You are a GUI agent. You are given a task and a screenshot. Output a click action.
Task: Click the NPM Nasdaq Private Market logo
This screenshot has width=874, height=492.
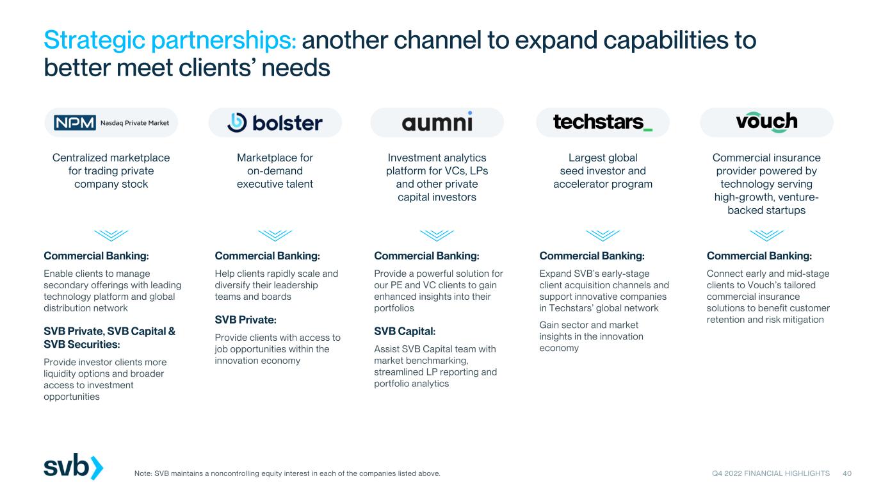click(111, 122)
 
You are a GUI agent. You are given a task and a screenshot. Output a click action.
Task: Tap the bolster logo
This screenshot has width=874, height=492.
click(275, 122)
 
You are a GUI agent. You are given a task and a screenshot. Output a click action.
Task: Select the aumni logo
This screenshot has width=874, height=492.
click(437, 122)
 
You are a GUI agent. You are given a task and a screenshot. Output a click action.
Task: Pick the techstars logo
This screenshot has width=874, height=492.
click(603, 122)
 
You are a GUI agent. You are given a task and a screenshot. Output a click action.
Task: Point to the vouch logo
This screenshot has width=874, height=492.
click(766, 122)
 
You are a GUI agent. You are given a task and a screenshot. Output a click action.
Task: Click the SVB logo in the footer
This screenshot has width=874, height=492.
click(74, 466)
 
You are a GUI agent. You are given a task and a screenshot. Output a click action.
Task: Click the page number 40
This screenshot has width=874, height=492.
click(847, 473)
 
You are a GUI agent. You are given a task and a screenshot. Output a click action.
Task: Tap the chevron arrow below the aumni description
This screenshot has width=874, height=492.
click(437, 235)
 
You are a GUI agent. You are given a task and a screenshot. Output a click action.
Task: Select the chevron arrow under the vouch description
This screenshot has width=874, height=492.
click(766, 235)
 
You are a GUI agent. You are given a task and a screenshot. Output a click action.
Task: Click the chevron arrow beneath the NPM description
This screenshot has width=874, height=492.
click(111, 235)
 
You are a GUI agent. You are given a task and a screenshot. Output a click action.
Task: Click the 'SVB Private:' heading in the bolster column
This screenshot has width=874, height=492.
click(245, 320)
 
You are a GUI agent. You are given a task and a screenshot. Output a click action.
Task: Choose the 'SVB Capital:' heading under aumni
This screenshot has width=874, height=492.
click(405, 331)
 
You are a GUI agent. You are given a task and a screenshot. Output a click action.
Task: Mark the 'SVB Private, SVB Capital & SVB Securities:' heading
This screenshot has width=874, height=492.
click(109, 338)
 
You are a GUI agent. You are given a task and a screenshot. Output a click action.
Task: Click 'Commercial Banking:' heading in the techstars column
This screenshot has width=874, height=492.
click(592, 256)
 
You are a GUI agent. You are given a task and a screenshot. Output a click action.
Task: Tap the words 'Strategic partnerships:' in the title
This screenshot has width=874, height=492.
click(170, 40)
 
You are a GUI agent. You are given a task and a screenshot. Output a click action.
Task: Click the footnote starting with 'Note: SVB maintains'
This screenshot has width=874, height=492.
click(287, 473)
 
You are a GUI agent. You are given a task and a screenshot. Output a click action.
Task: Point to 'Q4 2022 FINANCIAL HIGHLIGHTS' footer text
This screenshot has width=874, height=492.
click(771, 473)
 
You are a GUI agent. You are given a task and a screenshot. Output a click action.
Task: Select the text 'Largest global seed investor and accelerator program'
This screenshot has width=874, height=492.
click(603, 170)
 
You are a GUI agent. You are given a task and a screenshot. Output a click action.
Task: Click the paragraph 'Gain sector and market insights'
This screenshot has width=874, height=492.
click(591, 336)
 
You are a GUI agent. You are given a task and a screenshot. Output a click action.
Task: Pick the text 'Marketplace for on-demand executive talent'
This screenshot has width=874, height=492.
click(275, 170)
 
